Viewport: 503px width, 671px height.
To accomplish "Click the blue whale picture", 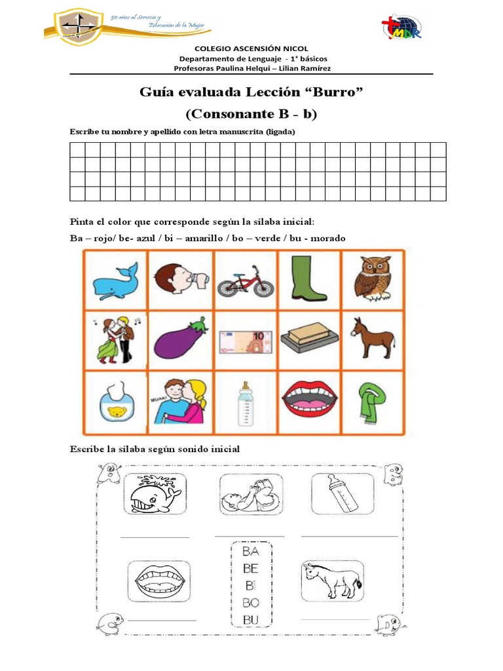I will (x=115, y=279).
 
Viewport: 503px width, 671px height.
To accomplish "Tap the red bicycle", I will (x=245, y=280).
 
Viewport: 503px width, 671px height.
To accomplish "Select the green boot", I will (x=308, y=277).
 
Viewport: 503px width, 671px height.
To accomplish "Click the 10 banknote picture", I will (x=245, y=341).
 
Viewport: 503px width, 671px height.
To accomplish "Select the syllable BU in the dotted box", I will (x=251, y=619).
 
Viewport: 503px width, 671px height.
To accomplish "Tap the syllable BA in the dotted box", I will (x=251, y=553).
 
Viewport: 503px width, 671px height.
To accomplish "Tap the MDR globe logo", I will (x=401, y=28).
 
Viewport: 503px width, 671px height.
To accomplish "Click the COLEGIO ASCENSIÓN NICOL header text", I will (x=251, y=49).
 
